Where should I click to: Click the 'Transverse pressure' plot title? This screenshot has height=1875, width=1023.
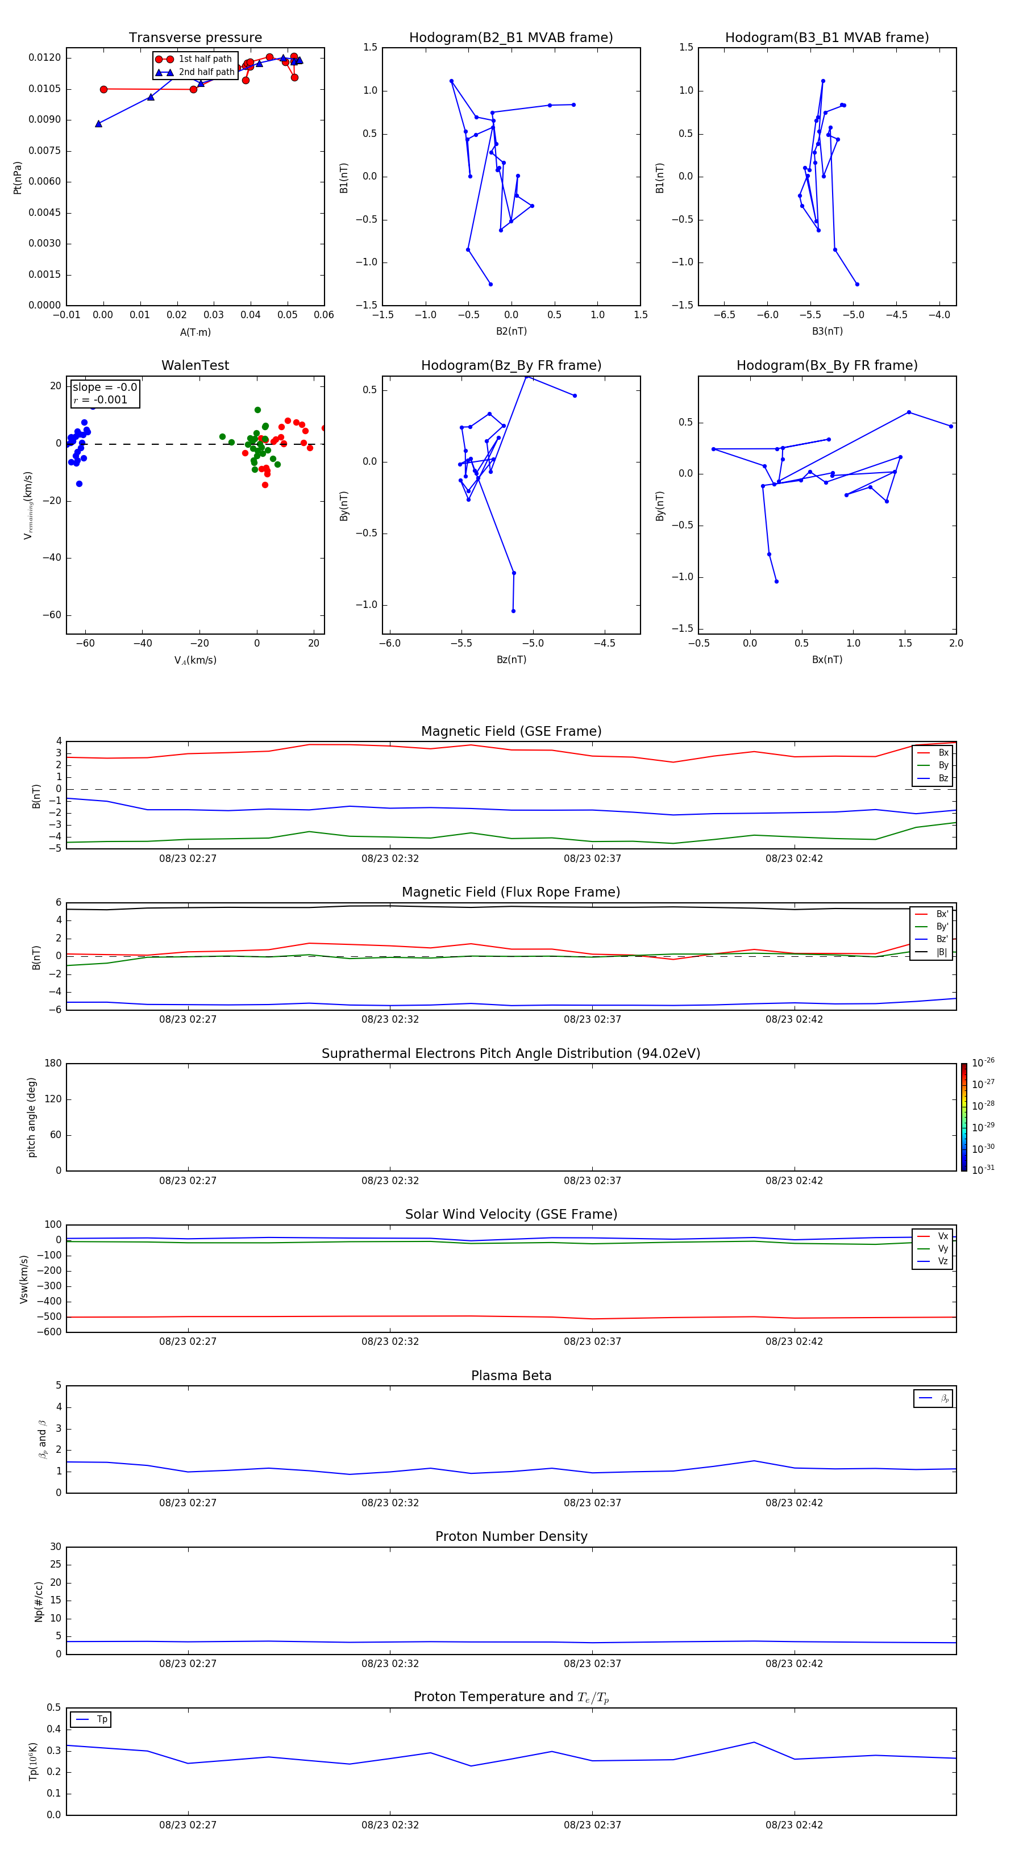[x=195, y=38]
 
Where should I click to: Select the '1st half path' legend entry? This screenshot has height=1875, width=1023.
[x=205, y=59]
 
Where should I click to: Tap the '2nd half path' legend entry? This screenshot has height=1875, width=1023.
[x=206, y=72]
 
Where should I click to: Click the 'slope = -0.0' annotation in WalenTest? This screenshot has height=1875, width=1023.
[x=105, y=388]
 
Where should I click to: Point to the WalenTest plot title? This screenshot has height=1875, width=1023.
[x=195, y=365]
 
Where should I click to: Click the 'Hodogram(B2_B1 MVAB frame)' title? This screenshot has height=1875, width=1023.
[x=510, y=38]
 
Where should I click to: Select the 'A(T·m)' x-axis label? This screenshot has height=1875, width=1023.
[x=195, y=332]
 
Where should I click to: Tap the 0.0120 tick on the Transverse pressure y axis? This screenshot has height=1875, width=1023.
[x=44, y=57]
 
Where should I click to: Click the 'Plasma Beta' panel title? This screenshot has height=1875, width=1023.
[x=510, y=1376]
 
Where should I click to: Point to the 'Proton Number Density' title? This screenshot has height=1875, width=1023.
[x=510, y=1536]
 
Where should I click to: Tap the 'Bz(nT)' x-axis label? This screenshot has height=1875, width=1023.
[x=510, y=660]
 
